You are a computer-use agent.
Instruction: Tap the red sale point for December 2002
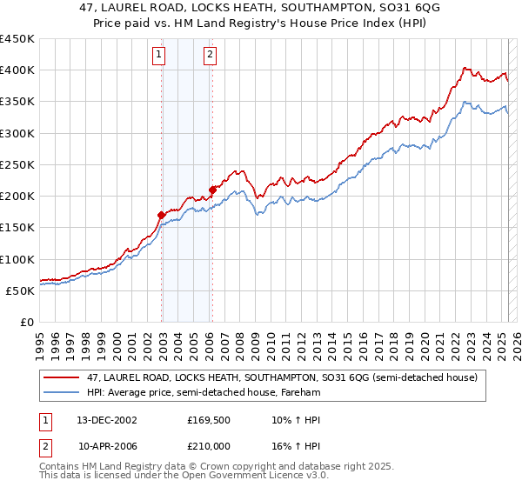(x=161, y=215)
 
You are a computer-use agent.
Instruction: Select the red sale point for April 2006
(x=212, y=190)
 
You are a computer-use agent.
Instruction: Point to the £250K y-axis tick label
(x=17, y=164)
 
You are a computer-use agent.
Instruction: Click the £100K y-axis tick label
(x=17, y=259)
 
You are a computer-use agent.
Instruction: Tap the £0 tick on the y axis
(x=26, y=323)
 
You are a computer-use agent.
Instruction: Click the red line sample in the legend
(x=62, y=378)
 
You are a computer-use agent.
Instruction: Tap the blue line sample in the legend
(x=62, y=392)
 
